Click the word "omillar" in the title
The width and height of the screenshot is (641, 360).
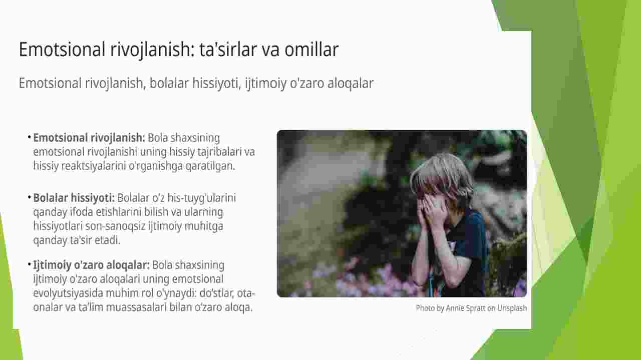click(311, 49)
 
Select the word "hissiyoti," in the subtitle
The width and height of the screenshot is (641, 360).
click(217, 84)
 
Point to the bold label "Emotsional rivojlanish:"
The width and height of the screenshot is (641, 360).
click(89, 138)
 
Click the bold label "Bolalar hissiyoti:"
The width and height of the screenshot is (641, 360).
click(74, 198)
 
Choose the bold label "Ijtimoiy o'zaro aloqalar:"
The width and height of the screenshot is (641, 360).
click(91, 265)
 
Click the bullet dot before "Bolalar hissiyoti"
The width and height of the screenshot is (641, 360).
click(29, 197)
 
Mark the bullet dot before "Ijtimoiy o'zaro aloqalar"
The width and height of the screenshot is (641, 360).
click(29, 264)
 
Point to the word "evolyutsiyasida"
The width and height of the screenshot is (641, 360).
click(68, 293)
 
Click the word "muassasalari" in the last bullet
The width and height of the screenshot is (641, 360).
click(136, 307)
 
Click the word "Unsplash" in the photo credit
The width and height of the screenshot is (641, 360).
click(512, 308)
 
